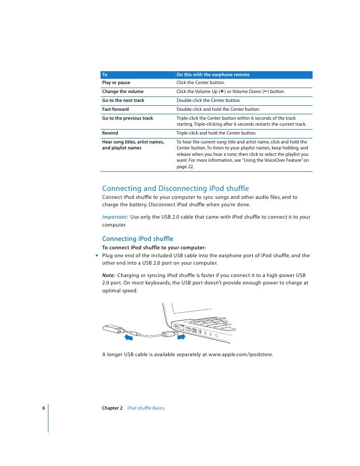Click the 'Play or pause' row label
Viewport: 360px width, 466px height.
click(116, 83)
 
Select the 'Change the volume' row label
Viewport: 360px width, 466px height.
click(123, 92)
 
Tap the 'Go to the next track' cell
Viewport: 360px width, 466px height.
click(123, 100)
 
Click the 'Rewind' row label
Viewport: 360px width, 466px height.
click(110, 133)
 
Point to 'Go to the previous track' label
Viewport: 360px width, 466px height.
click(128, 118)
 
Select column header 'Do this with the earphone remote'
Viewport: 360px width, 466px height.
click(213, 75)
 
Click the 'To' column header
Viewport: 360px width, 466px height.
click(105, 75)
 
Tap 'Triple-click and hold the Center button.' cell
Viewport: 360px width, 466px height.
click(216, 133)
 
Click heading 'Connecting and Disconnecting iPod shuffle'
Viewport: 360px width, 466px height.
click(175, 188)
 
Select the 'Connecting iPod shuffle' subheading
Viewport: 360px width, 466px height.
click(137, 239)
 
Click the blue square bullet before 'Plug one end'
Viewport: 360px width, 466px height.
click(97, 256)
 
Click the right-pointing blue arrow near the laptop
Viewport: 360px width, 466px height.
click(183, 337)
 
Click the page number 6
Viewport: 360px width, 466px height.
click(44, 408)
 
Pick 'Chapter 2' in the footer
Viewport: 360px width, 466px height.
click(112, 408)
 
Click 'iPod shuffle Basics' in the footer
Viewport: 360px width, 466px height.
click(146, 408)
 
